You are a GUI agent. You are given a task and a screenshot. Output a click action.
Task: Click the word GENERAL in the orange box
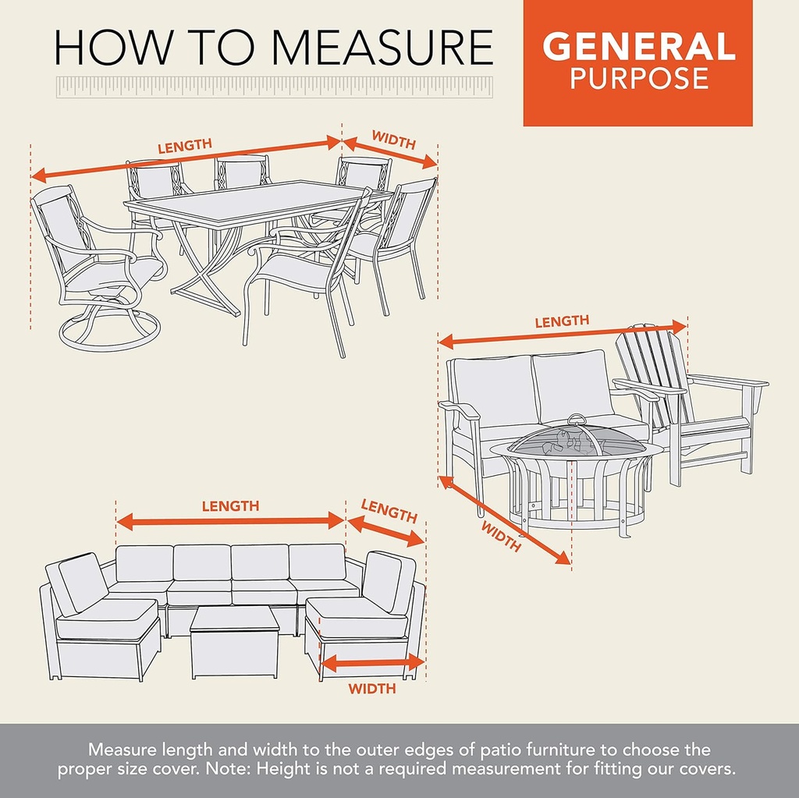click(638, 46)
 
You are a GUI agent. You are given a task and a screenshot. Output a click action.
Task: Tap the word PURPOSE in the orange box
click(639, 78)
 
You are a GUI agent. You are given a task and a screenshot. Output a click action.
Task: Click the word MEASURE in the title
click(382, 48)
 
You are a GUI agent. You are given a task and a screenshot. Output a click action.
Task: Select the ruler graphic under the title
click(275, 87)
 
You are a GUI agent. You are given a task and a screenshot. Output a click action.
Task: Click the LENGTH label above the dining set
click(184, 146)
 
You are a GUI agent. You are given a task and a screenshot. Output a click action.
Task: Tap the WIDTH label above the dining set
click(394, 140)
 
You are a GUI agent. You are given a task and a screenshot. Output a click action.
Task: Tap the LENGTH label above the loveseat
click(562, 321)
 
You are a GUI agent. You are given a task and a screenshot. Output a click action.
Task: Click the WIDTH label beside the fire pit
click(501, 537)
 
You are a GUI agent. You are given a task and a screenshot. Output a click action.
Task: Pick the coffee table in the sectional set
click(235, 642)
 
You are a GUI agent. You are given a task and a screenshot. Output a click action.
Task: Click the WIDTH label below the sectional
click(372, 689)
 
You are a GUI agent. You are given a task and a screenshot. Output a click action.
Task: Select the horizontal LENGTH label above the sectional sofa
click(230, 506)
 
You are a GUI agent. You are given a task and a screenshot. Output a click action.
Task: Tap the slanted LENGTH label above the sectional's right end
click(389, 511)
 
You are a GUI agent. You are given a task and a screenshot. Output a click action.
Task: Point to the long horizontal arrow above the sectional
click(231, 521)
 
